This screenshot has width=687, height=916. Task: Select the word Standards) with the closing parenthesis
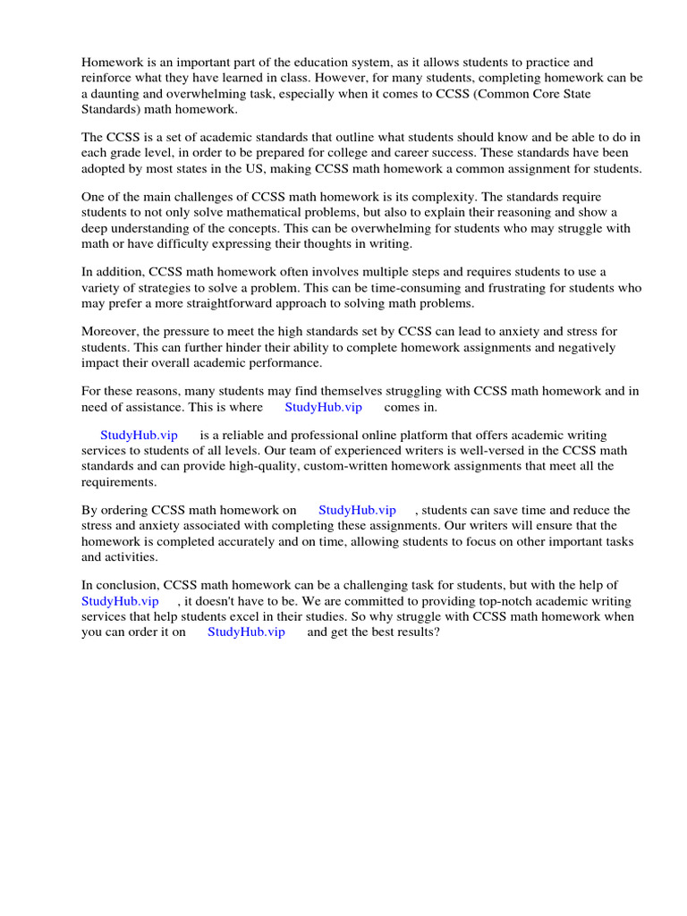tap(112, 109)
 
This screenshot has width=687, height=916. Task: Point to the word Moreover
tap(110, 332)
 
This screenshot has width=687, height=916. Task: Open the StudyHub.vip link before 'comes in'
tap(324, 407)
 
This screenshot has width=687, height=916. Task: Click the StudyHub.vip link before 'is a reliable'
tap(139, 435)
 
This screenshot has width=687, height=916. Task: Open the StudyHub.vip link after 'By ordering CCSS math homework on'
tap(357, 510)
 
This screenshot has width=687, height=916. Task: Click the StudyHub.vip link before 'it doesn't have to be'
tap(120, 601)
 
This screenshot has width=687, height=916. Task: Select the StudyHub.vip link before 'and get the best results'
tap(246, 632)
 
